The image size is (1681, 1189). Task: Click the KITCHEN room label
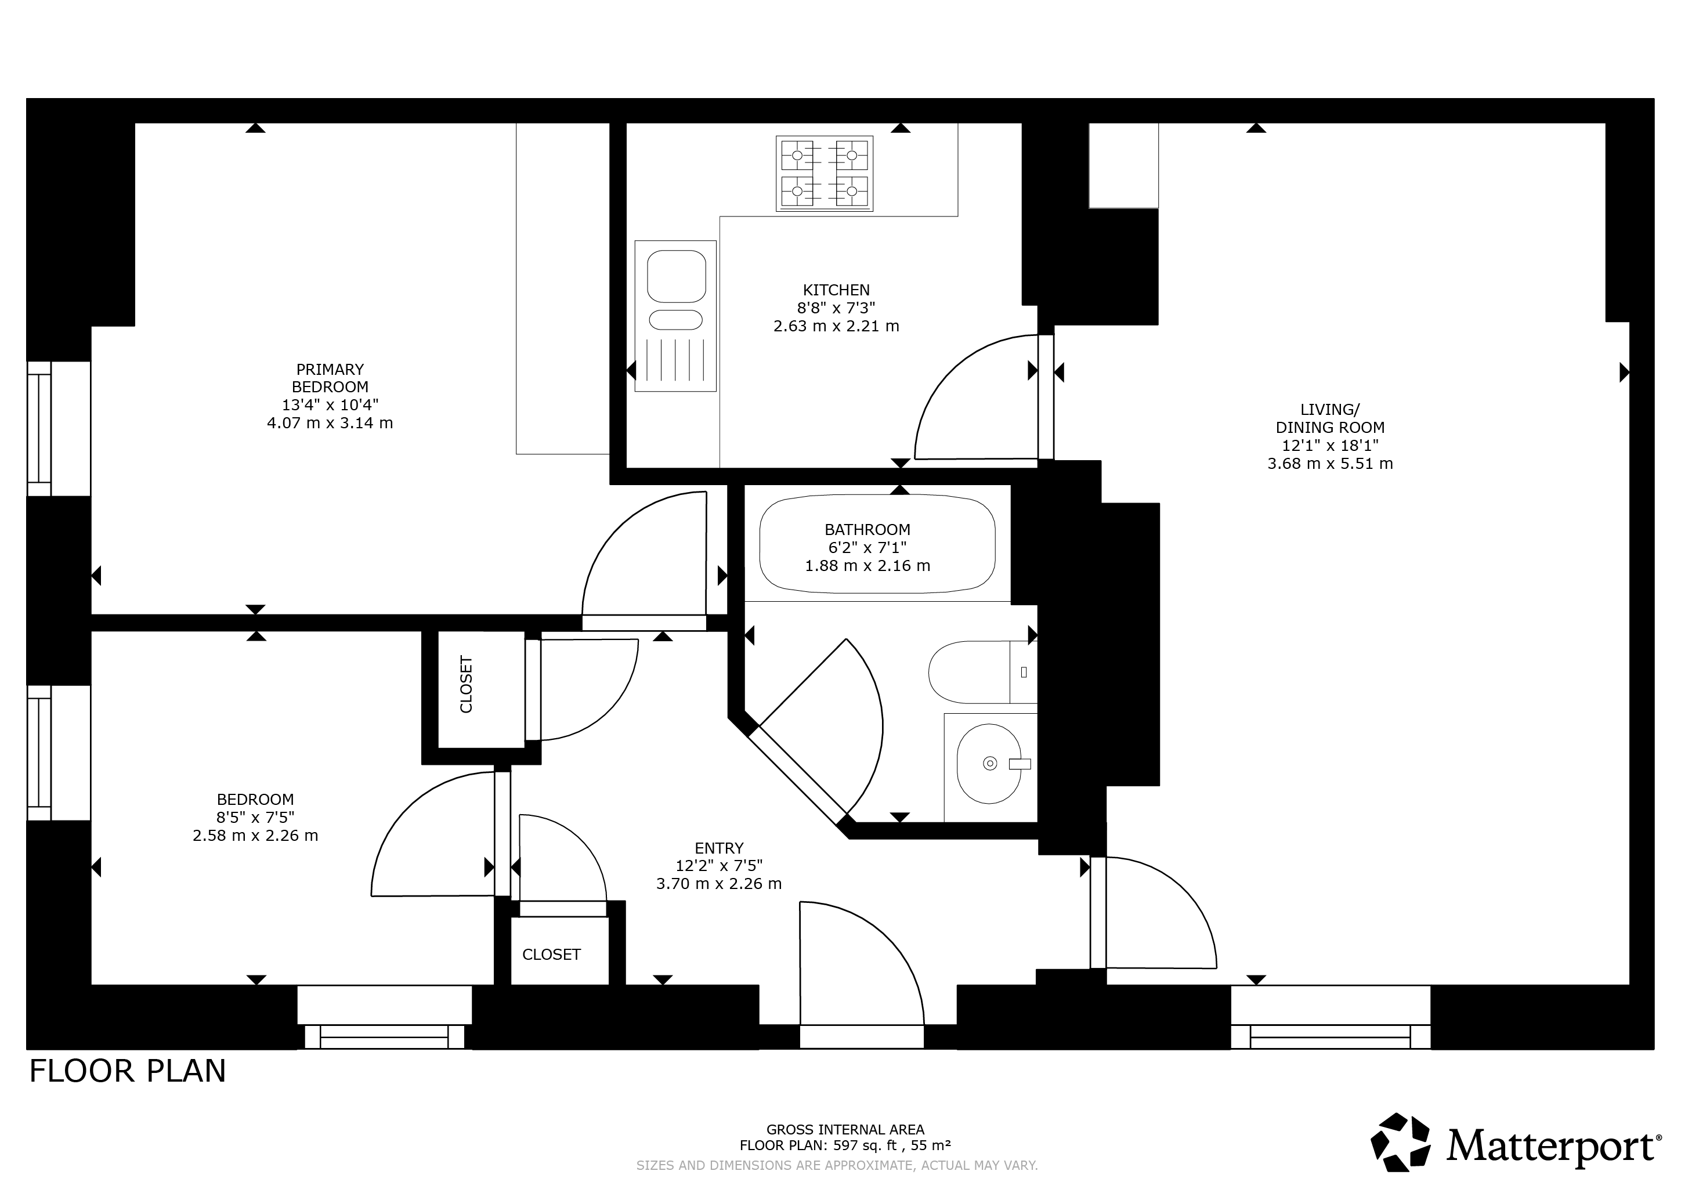836,290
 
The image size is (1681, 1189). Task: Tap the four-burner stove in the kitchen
825,174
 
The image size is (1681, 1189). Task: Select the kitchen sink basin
677,276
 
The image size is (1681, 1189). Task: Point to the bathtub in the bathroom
877,545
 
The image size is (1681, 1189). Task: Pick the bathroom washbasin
989,764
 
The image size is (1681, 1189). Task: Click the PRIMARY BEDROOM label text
330,378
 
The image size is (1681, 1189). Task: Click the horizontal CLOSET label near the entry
551,955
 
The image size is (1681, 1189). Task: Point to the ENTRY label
719,848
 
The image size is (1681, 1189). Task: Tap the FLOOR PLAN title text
128,1071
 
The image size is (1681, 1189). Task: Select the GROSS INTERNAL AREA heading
845,1130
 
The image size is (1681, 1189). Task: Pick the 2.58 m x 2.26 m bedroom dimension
255,836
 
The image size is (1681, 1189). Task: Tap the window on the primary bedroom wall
39,428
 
